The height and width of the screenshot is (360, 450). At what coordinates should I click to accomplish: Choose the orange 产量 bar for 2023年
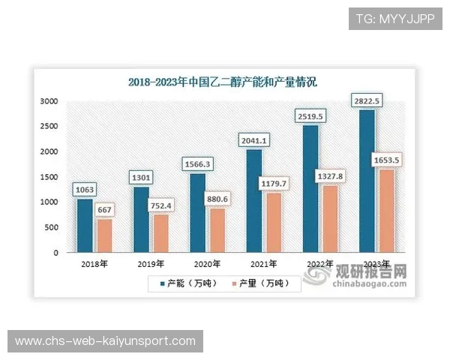click(386, 211)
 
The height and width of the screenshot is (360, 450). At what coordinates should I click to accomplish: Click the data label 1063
click(85, 190)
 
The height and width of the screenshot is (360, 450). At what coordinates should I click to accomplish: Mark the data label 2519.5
click(310, 117)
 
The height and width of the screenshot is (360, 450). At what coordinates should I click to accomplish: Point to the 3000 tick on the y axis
click(49, 101)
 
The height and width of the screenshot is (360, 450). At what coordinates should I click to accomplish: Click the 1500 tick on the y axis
click(49, 177)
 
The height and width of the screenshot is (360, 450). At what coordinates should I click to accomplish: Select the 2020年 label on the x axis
click(207, 265)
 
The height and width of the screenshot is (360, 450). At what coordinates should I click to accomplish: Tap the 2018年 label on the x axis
click(94, 265)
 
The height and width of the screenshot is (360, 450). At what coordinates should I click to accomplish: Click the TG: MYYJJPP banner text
click(394, 19)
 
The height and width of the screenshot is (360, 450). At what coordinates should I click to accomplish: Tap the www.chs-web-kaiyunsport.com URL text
click(105, 341)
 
